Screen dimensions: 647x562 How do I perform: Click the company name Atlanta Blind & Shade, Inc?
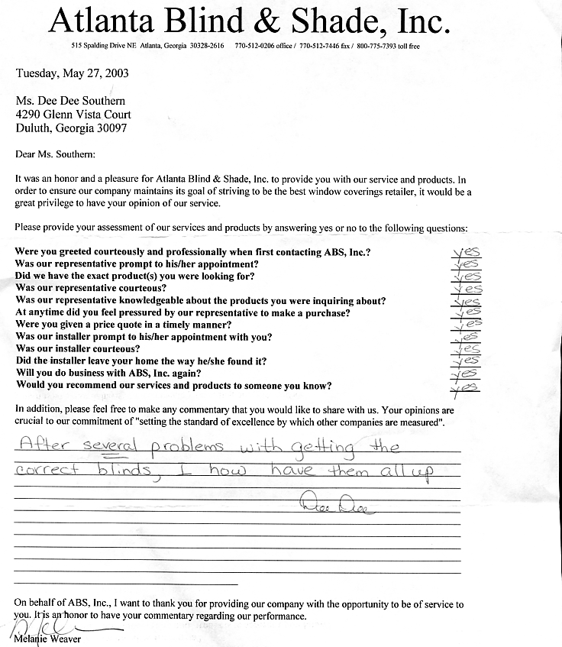click(x=248, y=21)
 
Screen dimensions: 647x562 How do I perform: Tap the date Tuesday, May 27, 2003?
click(x=73, y=74)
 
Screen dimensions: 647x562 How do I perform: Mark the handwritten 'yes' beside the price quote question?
click(x=467, y=325)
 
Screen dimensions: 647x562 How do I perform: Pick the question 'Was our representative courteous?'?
click(x=91, y=288)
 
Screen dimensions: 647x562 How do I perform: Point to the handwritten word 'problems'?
click(x=192, y=448)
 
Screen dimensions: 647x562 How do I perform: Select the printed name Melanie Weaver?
click(x=47, y=639)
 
